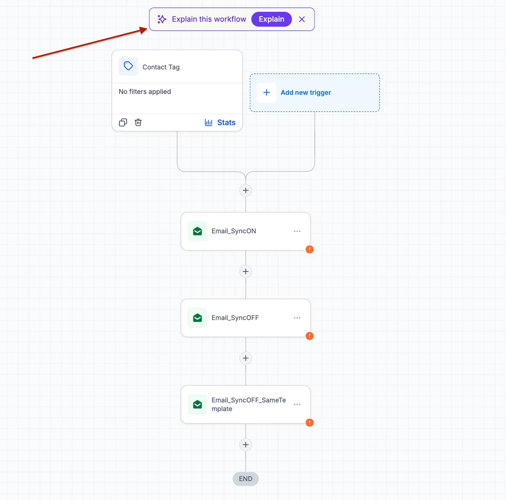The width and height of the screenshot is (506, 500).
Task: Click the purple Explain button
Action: tap(271, 19)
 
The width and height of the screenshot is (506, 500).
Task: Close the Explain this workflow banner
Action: tap(302, 19)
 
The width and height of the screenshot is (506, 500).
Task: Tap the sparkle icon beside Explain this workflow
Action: tap(162, 19)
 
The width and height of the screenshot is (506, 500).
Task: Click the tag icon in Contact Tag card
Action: tap(128, 66)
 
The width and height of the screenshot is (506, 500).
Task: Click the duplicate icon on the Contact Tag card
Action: tap(123, 122)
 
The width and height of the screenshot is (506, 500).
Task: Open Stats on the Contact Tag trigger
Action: tap(220, 122)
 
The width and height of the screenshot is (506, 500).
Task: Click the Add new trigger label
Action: tap(306, 92)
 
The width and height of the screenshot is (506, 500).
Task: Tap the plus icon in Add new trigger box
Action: tap(266, 92)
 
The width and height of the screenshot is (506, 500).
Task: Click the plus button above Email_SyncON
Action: tap(245, 190)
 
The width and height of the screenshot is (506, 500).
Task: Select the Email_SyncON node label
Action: tap(234, 231)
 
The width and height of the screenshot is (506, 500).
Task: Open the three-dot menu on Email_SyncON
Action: tap(297, 231)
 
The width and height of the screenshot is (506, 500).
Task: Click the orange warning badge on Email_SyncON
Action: tap(309, 249)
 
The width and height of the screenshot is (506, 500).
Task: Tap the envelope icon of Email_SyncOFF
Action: tap(197, 318)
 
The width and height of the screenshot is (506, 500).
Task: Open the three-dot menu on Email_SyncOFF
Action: tap(297, 318)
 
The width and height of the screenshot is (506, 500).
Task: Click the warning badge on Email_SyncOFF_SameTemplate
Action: tap(309, 422)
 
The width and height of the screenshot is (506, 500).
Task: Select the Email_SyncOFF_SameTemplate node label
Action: tap(248, 404)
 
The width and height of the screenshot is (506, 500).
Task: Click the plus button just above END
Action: tap(245, 445)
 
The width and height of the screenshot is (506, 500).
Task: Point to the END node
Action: tap(245, 479)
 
